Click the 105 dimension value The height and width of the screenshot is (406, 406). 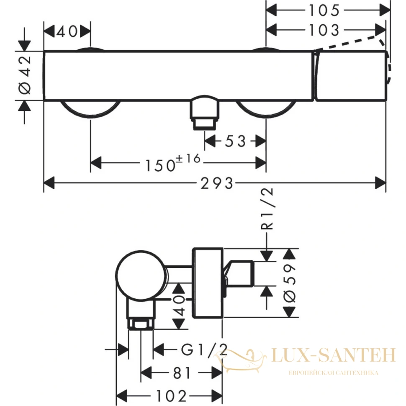point(324,10)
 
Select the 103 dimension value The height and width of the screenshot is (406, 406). point(324,30)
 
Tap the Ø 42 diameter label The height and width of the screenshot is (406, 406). point(25,75)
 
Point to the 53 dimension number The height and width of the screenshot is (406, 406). point(235,141)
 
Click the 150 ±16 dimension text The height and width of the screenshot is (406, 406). point(173,162)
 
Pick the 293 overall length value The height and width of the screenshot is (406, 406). point(217,183)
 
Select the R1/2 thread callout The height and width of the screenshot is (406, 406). point(267,209)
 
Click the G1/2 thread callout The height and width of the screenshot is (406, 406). point(204,349)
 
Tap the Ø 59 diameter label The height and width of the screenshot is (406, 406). point(290,283)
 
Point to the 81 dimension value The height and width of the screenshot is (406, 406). point(182,373)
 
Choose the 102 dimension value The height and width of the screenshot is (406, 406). point(171,396)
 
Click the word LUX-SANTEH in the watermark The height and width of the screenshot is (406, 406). point(334,355)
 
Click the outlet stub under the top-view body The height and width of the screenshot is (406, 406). point(205,112)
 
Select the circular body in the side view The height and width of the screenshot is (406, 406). point(141,275)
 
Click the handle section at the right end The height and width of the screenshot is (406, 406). point(351,76)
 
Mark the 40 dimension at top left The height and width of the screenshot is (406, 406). point(67,32)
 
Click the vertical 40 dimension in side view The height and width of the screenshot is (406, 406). point(179,306)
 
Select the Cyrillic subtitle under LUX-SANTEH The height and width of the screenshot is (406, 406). point(334,373)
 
